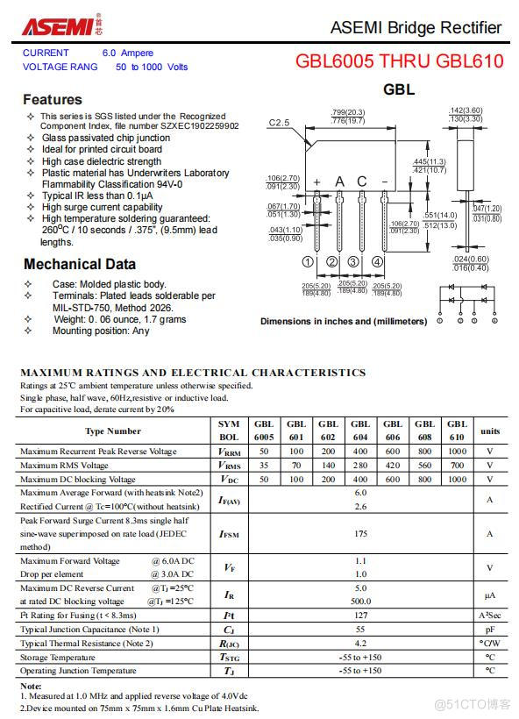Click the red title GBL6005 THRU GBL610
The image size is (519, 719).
[x=399, y=61]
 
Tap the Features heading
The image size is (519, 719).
[x=53, y=99]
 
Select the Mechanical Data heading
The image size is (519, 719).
[x=80, y=264]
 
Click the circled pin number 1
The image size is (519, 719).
[x=308, y=262]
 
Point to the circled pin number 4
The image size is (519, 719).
[x=377, y=262]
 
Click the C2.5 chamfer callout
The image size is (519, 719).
[x=279, y=123]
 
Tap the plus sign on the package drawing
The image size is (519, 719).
[x=316, y=182]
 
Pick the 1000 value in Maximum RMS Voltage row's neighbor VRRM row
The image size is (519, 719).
[x=457, y=452]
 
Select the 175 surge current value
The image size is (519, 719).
[x=360, y=533]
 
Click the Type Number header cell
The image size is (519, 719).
[x=113, y=431]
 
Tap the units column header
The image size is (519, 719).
[x=490, y=431]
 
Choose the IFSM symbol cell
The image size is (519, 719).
[x=229, y=533]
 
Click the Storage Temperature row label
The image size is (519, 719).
[x=58, y=657]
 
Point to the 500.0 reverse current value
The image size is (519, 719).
[x=360, y=602]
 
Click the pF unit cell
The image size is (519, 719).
[x=490, y=630]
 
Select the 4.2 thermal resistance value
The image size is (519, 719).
[x=360, y=643]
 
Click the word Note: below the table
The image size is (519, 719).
[x=31, y=686]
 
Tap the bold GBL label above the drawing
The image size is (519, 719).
[x=399, y=89]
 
